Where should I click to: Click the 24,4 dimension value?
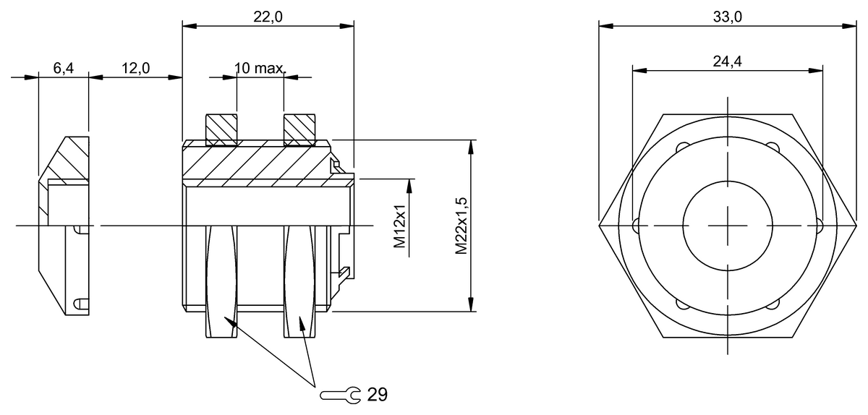(x=727, y=61)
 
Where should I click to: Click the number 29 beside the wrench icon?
(x=377, y=395)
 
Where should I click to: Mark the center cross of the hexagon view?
(x=727, y=226)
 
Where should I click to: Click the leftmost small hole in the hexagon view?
(x=636, y=226)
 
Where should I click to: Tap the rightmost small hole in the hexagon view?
(x=818, y=226)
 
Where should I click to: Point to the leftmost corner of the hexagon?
(x=600, y=226)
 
